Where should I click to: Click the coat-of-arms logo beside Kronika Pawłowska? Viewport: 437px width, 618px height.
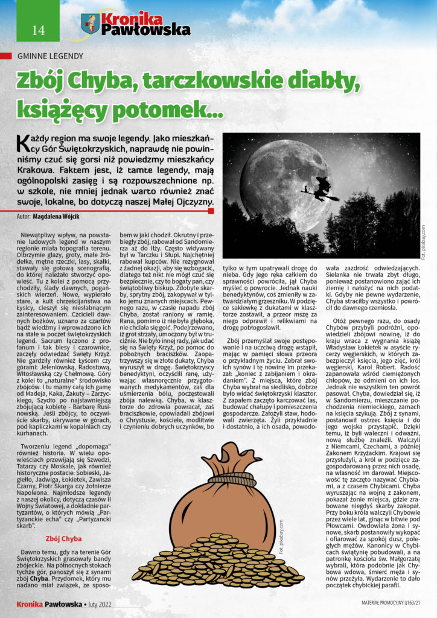[89, 24]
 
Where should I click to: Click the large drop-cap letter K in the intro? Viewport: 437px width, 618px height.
[23, 142]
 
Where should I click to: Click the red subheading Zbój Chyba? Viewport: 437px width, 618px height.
[63, 538]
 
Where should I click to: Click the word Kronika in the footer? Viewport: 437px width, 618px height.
[29, 603]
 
